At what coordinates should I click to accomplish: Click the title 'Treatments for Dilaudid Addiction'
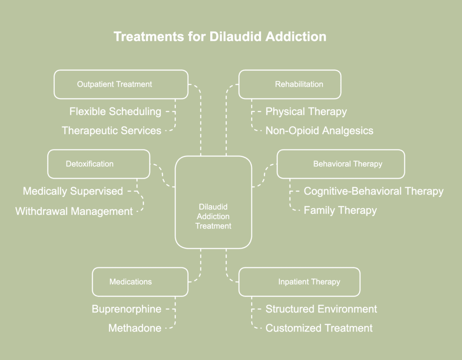220,37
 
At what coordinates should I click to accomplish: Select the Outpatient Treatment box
121,84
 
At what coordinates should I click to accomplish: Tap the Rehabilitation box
290,84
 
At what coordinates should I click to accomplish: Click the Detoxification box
98,164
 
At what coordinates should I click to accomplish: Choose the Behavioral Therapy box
341,164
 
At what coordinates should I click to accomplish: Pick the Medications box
140,282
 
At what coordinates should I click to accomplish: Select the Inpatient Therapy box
299,282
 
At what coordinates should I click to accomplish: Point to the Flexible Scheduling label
115,111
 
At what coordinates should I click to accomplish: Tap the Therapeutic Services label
111,130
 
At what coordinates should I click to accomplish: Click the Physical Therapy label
306,111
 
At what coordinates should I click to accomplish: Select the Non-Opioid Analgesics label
319,130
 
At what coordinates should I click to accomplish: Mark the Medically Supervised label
73,191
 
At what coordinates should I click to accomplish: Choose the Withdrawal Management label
74,211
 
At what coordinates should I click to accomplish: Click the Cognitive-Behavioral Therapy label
374,191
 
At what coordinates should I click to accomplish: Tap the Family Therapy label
340,210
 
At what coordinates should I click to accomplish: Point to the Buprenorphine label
126,309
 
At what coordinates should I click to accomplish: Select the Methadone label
134,328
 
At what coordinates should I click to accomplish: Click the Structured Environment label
321,309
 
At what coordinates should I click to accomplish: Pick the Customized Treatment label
319,328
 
